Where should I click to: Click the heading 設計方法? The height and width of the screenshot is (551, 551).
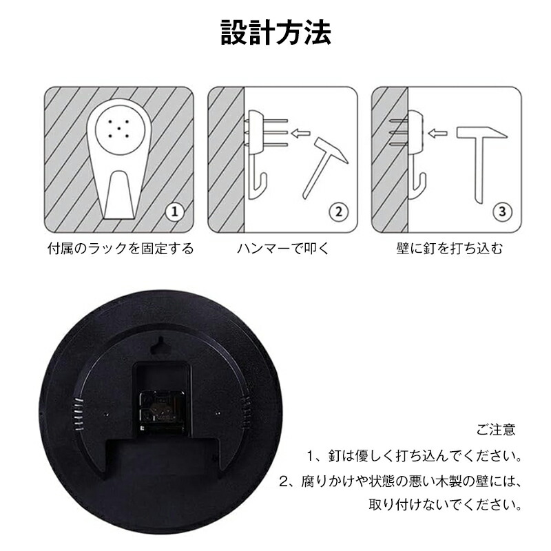click(x=276, y=32)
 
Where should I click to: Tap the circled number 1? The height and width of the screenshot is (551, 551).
click(x=175, y=211)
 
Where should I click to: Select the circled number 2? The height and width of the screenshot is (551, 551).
click(x=338, y=211)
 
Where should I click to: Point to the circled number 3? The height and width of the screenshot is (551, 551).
click(x=502, y=211)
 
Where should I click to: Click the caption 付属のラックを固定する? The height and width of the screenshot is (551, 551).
click(x=121, y=249)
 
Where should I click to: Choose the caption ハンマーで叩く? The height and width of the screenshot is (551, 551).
click(x=283, y=249)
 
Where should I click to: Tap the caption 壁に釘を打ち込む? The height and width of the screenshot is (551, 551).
click(x=450, y=249)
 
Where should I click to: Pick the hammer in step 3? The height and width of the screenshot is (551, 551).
click(x=481, y=163)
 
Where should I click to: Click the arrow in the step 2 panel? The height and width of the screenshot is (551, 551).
click(x=301, y=133)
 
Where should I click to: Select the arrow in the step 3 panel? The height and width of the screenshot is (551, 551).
click(x=437, y=133)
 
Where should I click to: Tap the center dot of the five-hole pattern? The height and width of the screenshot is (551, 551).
click(x=118, y=129)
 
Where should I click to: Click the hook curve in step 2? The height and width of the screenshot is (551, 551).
click(x=258, y=186)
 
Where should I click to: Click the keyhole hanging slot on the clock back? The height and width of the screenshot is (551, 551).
click(x=160, y=346)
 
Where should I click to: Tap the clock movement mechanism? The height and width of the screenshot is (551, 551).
click(x=162, y=410)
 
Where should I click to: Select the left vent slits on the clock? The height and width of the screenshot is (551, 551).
click(x=78, y=415)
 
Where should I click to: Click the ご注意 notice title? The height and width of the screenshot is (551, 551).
click(x=496, y=429)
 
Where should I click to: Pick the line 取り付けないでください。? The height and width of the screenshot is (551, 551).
click(x=446, y=505)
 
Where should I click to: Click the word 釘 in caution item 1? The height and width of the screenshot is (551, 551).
click(x=335, y=456)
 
